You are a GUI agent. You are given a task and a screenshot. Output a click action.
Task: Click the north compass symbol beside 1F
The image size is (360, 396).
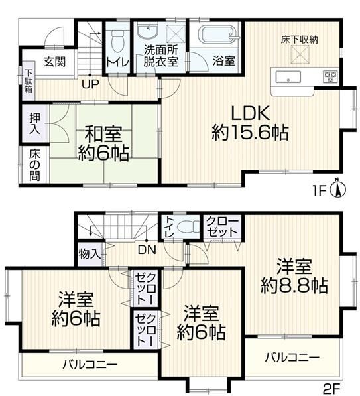tap(337, 188)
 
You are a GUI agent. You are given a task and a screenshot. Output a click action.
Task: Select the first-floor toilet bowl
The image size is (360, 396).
tap(118, 41)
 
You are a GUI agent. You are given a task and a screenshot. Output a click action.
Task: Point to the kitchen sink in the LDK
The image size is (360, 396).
tap(288, 77)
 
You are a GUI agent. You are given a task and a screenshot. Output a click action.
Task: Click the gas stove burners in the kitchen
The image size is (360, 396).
tap(330, 76)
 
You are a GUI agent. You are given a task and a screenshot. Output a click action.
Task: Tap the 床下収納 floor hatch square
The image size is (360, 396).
tap(300, 54)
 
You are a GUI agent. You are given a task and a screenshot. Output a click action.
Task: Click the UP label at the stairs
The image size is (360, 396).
tap(90, 84)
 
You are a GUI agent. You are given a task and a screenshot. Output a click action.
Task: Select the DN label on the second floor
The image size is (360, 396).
tap(147, 250)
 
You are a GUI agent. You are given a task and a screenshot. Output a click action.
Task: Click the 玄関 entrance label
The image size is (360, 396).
tap(54, 62)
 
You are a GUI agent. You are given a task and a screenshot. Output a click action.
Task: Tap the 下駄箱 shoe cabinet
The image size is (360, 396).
tap(29, 80)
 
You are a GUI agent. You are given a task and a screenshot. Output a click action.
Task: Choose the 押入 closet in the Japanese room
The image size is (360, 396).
tap(34, 123)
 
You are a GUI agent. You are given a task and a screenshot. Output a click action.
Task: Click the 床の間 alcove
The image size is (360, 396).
tap(34, 165)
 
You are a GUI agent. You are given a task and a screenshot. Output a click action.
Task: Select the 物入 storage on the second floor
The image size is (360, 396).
tap(90, 254)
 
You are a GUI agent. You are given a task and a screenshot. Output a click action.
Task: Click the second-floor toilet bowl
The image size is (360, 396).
tap(188, 226)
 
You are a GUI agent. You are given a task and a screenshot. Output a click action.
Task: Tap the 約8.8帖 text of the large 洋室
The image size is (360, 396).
tap(294, 285)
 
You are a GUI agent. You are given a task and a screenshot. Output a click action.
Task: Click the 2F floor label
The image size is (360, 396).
tap(331, 387)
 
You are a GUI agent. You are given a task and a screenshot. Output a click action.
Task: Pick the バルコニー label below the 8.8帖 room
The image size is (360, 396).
tap(292, 357)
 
